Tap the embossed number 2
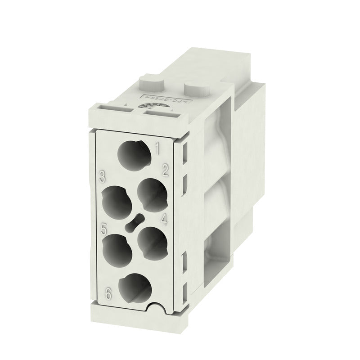pos(165,170)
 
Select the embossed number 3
pos(103,176)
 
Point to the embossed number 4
pos(164,220)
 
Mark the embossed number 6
pos(108,295)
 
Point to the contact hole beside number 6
pos(134,288)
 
